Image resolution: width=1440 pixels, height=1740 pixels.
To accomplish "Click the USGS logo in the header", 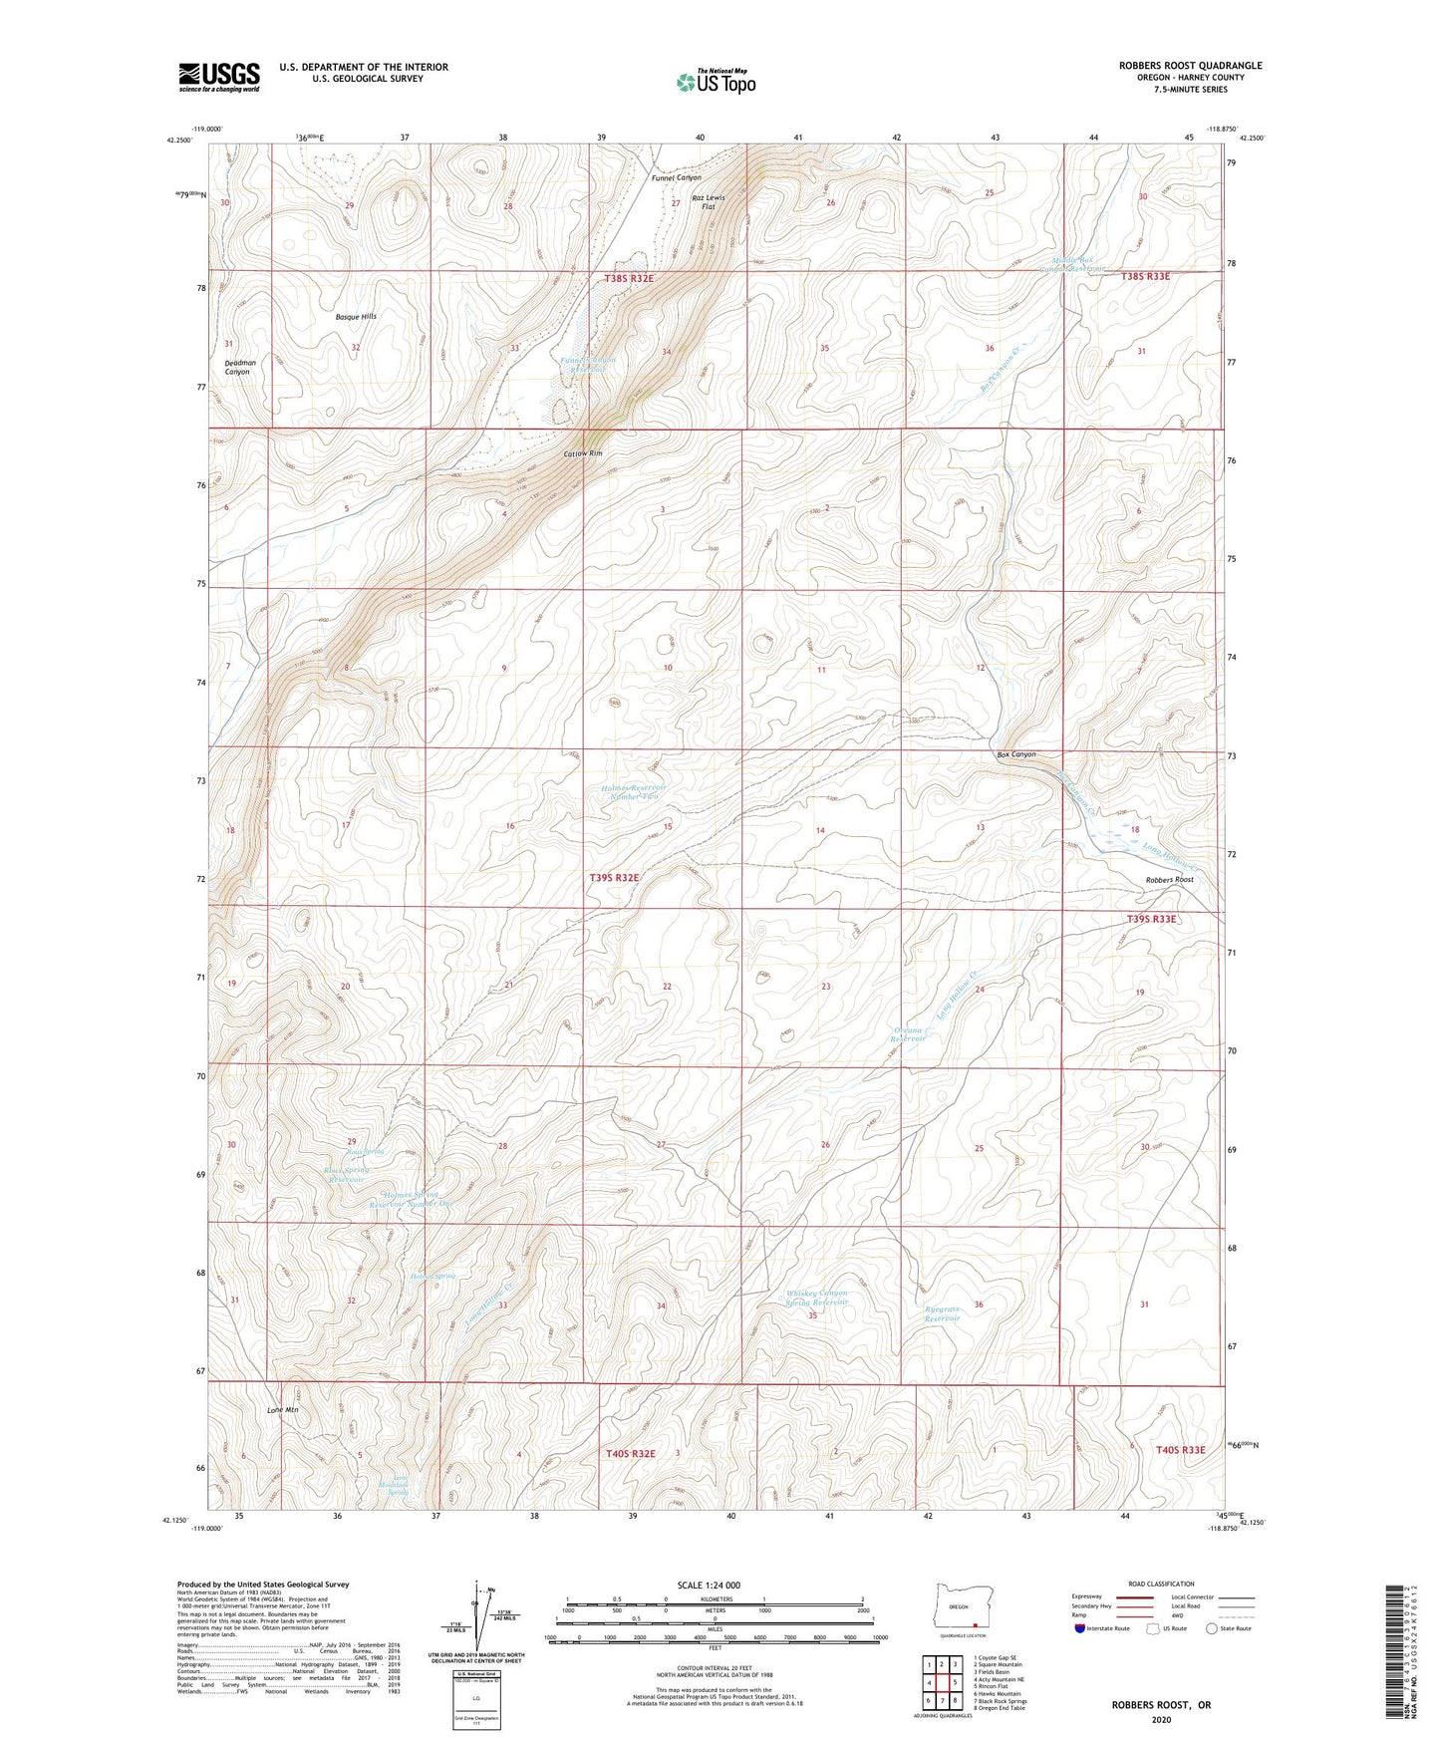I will click(x=219, y=77).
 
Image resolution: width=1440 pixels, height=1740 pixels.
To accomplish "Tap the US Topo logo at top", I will click(x=715, y=82).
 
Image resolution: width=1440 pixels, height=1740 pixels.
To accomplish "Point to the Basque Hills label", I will click(x=356, y=316).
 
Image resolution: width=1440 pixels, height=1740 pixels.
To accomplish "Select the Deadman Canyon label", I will click(x=237, y=367).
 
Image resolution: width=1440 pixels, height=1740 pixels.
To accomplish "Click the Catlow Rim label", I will click(x=583, y=454).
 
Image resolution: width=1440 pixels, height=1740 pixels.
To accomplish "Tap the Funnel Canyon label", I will click(x=677, y=177).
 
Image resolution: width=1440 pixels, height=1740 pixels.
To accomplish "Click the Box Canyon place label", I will click(x=1016, y=754).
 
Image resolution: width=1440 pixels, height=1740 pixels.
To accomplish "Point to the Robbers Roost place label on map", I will click(x=1169, y=880).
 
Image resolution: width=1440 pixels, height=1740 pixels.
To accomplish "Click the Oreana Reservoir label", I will click(x=908, y=1032).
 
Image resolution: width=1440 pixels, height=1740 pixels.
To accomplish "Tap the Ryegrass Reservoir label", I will click(x=941, y=1312).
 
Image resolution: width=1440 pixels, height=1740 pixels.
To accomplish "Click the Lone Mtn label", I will click(x=283, y=1410).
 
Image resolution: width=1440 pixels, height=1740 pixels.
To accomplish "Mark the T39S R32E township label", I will click(x=614, y=878).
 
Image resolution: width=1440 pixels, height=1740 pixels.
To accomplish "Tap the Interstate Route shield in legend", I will click(x=1080, y=1628).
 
